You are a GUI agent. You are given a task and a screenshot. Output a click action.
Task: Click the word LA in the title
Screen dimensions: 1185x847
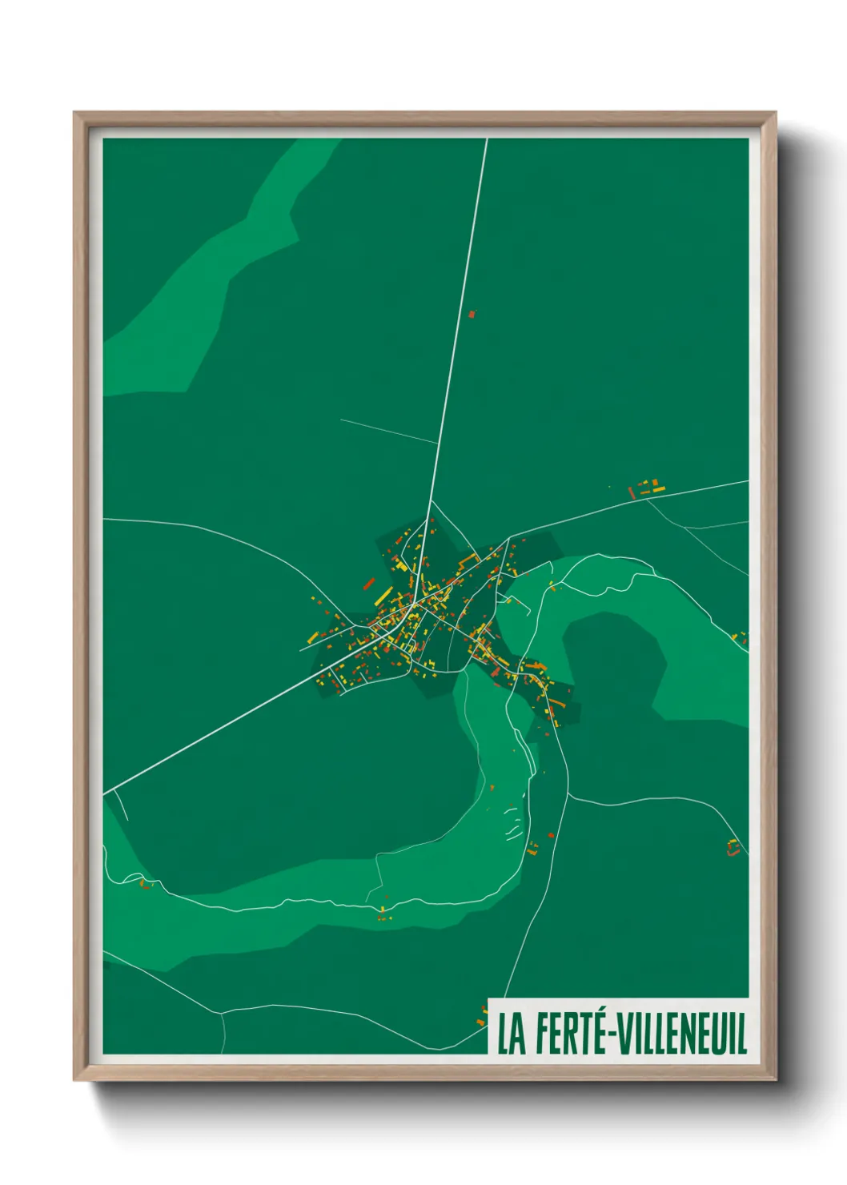(x=512, y=1034)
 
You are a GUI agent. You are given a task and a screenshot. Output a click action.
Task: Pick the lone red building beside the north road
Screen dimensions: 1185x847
(x=472, y=315)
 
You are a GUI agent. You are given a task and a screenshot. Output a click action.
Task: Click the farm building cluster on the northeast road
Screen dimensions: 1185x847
(x=647, y=488)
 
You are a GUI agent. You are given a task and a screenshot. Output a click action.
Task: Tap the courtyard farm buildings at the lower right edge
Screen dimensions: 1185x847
(x=733, y=847)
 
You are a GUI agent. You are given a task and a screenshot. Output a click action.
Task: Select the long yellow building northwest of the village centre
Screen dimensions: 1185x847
(x=383, y=597)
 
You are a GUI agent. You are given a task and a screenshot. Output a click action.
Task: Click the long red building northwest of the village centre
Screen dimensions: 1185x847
(x=369, y=584)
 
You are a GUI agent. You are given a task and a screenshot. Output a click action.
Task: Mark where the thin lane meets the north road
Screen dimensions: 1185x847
(x=437, y=443)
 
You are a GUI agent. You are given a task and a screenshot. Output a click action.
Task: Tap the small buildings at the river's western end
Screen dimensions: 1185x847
(x=145, y=883)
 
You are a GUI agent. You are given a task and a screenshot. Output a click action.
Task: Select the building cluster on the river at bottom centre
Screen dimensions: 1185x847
(x=383, y=913)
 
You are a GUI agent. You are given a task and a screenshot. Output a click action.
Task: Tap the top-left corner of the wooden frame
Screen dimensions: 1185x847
(x=76, y=114)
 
